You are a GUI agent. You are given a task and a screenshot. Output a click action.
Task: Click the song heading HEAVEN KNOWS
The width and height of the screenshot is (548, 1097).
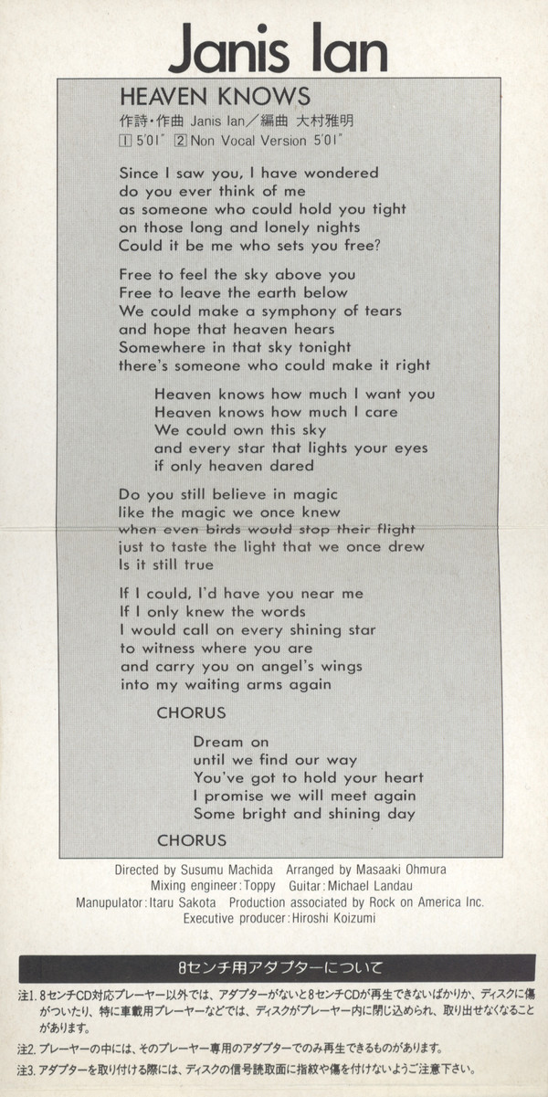tap(216, 96)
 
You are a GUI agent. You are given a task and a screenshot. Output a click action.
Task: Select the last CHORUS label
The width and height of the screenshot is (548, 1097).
tap(191, 839)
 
